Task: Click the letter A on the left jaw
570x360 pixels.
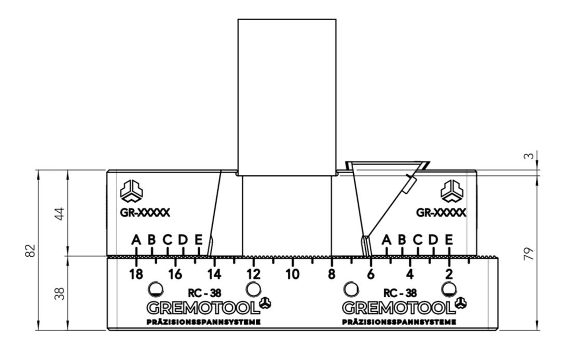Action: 136,240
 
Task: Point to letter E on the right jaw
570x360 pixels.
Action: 449,240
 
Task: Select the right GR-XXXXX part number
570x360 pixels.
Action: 441,213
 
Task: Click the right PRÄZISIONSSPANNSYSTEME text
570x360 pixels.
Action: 399,322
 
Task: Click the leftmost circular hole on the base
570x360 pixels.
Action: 155,288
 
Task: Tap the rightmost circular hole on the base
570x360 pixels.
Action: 448,288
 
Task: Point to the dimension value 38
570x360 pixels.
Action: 61,294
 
